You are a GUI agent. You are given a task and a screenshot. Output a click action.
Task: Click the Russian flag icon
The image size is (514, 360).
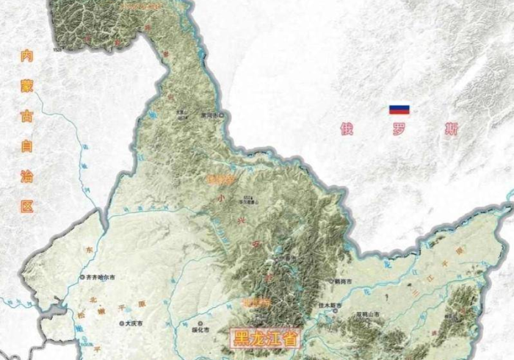coord(399,109)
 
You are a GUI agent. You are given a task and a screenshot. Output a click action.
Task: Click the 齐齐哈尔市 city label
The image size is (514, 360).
coord(100,278)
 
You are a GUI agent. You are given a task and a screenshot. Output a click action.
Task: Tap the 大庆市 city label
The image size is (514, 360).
coord(133,323)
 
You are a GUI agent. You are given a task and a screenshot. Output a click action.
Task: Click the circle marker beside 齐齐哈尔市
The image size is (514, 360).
coord(82,278)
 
